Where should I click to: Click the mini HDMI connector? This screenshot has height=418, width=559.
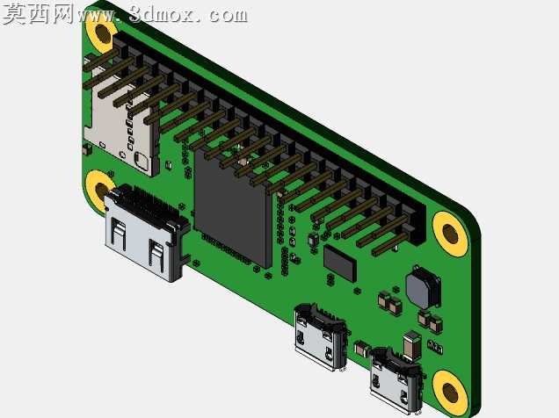(146, 232)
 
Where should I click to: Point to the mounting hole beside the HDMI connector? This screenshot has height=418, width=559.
(99, 191)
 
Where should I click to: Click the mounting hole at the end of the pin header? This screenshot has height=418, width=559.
(450, 234)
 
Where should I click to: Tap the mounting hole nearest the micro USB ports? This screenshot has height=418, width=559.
(450, 393)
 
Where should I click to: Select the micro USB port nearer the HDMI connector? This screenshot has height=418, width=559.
(320, 336)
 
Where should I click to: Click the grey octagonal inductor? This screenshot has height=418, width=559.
(423, 288)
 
